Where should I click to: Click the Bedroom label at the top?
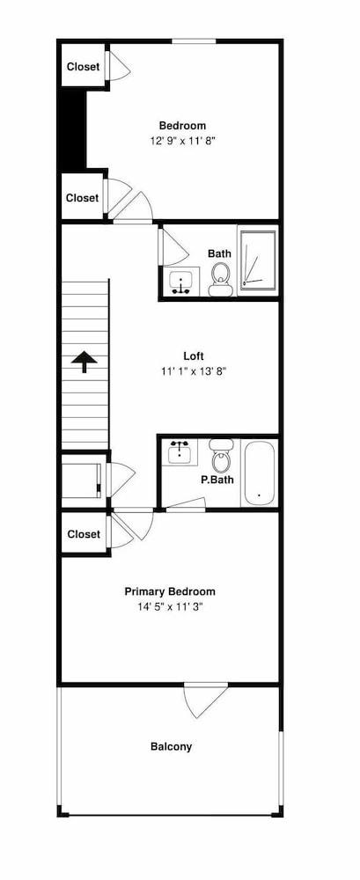182,125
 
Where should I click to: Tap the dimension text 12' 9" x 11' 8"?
182,140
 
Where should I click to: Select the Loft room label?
194,356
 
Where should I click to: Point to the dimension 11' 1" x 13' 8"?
194,370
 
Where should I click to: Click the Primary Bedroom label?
170,591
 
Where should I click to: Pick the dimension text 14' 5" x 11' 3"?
170,606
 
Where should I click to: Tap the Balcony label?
171,746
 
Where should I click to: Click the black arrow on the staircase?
84,361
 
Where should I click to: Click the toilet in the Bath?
220,278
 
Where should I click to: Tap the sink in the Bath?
183,282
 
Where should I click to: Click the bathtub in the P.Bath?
259,473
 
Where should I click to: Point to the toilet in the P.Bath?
220,456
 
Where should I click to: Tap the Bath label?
219,253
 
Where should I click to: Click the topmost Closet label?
83,67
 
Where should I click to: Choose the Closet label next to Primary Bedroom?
83,534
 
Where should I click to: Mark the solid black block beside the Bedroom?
71,129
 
